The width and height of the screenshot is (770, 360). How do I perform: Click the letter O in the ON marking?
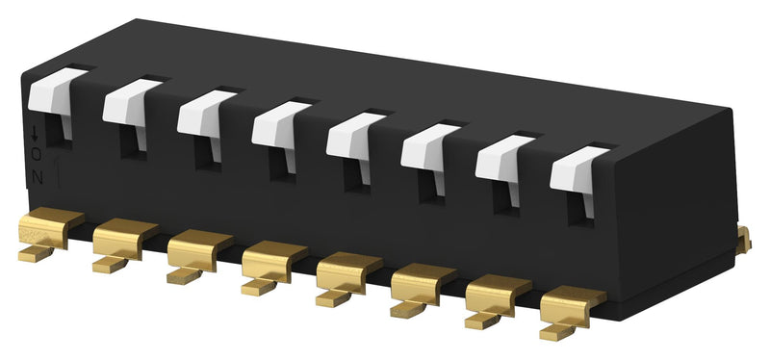[36, 156]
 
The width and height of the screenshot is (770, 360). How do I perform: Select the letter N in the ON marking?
[37, 175]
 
